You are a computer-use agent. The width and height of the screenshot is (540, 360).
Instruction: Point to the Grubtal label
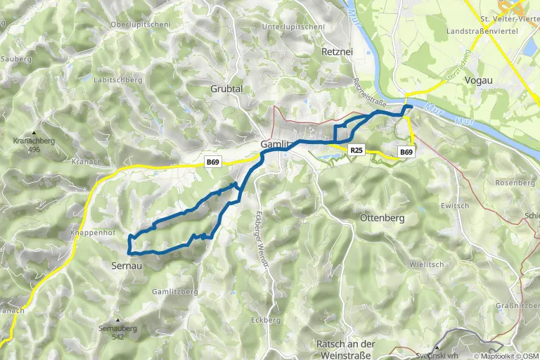(x=226, y=89)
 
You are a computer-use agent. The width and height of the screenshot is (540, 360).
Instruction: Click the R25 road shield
(x=356, y=150)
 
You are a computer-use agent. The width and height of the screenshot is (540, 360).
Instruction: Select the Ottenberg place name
(x=382, y=218)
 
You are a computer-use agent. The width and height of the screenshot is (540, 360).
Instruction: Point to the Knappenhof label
(x=92, y=232)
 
